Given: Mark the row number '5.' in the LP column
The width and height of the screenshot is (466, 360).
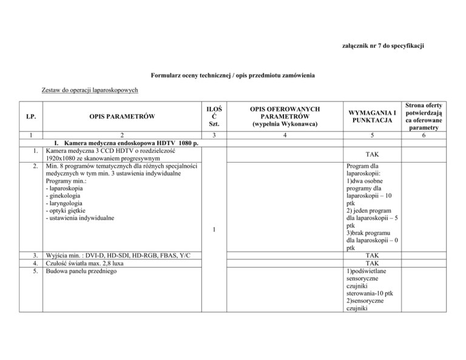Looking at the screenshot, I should point(37,271).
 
